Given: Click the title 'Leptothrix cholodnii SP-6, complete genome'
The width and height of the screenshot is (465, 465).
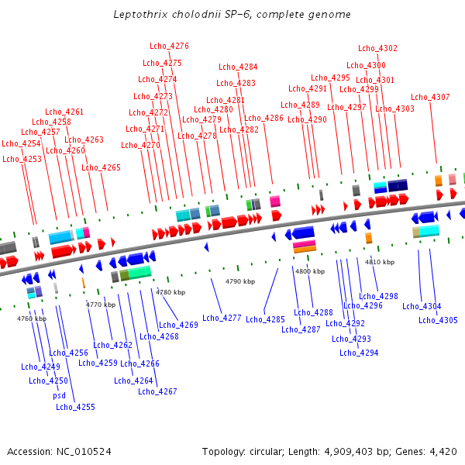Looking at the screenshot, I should [232, 15].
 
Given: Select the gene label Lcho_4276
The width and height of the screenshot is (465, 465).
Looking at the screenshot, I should [169, 46].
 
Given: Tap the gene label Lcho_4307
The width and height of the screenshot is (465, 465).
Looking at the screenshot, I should [430, 97].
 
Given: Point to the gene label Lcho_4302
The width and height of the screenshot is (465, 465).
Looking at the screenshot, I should [377, 48].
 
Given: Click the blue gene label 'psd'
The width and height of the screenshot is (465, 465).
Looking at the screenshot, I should [60, 395].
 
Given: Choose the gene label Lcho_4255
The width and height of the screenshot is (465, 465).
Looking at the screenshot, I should [75, 407].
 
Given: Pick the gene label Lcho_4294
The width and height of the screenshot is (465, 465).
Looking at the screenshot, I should [359, 353].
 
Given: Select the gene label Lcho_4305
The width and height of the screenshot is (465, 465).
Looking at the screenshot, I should [438, 320].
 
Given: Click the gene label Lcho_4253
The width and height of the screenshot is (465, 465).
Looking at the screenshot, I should [22, 159].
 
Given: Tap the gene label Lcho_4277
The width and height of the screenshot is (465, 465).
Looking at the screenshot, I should [222, 318].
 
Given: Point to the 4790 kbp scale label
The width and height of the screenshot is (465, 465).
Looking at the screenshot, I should [239, 281].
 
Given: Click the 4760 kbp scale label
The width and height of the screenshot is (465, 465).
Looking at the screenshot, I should [32, 319].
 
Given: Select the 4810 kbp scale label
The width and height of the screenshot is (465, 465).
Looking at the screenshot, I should [380, 262].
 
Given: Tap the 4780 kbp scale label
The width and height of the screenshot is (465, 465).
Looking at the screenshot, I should [170, 292].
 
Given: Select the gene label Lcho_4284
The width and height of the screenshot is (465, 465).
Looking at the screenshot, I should [238, 67].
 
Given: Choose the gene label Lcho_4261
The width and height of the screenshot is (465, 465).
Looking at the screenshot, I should [64, 112].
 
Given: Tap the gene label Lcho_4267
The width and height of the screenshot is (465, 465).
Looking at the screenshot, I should [157, 391].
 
